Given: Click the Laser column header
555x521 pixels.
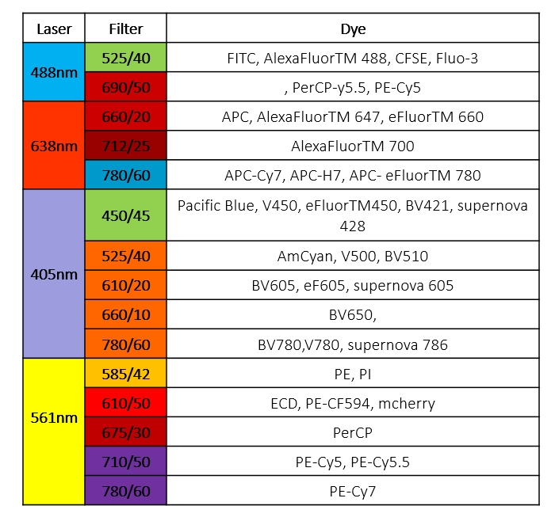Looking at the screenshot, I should coord(54,29).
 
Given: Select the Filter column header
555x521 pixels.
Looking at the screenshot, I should coord(125,29).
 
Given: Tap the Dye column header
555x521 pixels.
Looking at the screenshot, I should coord(353,29).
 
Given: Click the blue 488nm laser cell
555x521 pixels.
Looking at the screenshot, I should coord(54,71).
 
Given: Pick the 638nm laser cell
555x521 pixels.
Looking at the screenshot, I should coord(54,146).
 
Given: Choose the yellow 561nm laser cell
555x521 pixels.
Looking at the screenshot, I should coord(54,417).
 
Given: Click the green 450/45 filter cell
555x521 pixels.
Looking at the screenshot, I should coord(125,215).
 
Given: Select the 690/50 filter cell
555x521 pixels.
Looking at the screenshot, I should coord(125,87).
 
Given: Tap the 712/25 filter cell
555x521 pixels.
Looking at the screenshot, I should coord(125,146).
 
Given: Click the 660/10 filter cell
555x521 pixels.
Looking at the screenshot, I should coord(125,314).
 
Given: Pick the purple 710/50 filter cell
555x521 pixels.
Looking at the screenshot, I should coord(125,462).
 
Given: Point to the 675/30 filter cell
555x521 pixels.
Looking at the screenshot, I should coord(125,432).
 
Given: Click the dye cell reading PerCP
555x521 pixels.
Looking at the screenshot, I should coord(353,432).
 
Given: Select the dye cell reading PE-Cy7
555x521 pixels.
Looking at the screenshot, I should coord(353,491).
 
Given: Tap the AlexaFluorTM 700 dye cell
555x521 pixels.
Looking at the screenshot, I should coord(353,146).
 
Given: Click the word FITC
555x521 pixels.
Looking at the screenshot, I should coord(242,58).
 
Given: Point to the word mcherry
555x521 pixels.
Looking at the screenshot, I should coord(407,404).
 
